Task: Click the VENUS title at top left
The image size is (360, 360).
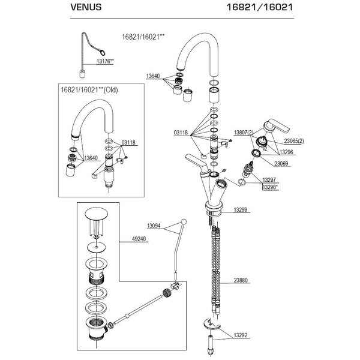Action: pos(86,7)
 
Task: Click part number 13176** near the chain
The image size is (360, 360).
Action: pos(105,61)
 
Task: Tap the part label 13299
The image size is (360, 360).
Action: pos(241,210)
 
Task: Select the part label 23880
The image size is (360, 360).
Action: pos(241,280)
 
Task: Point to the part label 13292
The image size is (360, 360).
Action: pos(241,335)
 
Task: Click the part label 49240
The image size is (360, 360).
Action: pos(139,239)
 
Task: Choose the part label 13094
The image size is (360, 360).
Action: pos(154,226)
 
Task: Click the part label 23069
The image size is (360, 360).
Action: pos(281,163)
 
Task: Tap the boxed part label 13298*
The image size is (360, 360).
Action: pos(270,187)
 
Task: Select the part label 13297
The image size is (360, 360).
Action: pos(269,180)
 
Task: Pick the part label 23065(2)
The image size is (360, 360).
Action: pos(294,141)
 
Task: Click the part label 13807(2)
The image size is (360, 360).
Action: pos(244,133)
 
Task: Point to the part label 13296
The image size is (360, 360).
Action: pos(286,152)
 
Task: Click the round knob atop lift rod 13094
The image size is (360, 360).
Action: pos(184,221)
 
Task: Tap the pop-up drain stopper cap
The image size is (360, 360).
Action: pos(96,214)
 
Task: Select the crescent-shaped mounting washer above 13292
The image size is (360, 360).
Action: pos(212,325)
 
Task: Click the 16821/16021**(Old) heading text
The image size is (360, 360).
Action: pos(89,90)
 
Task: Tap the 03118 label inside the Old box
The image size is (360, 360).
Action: pos(128,142)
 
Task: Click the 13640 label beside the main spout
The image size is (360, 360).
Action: pos(153,76)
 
